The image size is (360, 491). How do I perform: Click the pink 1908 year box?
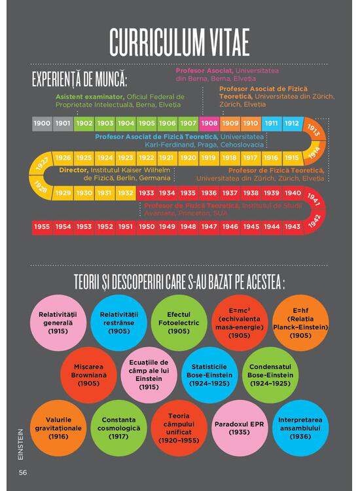point(209,123)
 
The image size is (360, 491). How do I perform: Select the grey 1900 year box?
point(42,123)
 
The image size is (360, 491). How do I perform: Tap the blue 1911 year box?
point(272,123)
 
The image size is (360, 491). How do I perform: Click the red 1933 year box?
point(147,193)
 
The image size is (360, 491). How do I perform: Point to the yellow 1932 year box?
point(126,193)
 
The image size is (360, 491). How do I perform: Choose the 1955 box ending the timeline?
point(42,227)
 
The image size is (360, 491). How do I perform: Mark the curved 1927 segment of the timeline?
point(41,164)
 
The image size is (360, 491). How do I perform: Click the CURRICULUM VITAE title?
point(179,43)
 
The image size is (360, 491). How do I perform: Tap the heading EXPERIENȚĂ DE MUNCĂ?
point(79,79)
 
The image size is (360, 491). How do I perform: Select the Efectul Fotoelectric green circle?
point(179,323)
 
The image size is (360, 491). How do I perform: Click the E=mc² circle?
point(240,323)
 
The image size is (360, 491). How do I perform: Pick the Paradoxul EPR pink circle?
point(240,428)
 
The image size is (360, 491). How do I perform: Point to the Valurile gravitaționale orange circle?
point(58,428)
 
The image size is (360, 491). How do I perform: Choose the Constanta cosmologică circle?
point(118,428)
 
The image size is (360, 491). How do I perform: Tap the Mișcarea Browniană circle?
point(88,375)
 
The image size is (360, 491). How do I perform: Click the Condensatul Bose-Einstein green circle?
point(270,375)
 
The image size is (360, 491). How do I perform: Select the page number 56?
point(23,473)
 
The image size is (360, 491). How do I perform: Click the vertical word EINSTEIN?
point(21,445)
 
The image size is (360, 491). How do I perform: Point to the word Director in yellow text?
point(74,170)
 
